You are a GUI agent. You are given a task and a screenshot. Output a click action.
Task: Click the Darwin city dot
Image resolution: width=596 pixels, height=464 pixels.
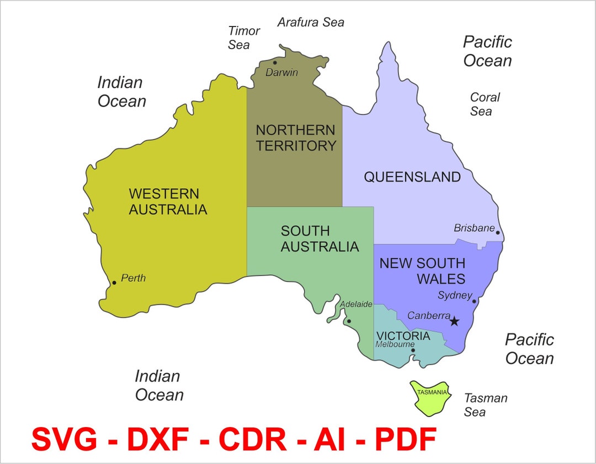[275, 62]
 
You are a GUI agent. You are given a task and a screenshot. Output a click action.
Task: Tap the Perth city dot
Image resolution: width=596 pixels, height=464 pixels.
[114, 282]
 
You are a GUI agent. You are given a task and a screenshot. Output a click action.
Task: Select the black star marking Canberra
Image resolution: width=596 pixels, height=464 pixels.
[454, 321]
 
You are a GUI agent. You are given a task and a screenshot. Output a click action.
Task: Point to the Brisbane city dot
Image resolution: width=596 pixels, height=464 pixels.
[498, 232]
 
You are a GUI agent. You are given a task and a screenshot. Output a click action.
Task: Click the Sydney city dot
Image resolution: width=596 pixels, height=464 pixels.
[474, 301]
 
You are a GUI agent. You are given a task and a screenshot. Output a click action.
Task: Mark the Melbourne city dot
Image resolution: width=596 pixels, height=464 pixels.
[413, 350]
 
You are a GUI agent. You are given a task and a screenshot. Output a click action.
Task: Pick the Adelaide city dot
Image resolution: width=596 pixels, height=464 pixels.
[348, 321]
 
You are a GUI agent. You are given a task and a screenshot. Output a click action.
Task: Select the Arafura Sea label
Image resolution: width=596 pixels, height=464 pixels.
[311, 22]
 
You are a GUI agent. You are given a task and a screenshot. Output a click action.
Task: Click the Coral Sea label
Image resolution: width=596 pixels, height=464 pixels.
[485, 104]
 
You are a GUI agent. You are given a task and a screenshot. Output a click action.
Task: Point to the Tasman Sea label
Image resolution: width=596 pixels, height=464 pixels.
[485, 405]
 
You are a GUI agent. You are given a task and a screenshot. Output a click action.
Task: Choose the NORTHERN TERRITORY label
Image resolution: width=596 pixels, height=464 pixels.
[296, 138]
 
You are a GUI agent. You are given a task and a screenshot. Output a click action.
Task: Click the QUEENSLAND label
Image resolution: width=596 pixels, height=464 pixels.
[412, 177]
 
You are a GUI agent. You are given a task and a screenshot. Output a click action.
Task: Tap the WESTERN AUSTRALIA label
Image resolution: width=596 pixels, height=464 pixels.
[168, 202]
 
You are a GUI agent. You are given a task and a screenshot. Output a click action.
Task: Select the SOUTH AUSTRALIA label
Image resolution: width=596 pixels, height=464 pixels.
[320, 239]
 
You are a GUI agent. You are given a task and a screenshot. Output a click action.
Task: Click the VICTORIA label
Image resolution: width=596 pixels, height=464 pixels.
[403, 336]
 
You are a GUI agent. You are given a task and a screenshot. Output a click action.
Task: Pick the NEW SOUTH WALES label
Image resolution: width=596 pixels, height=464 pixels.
[423, 271]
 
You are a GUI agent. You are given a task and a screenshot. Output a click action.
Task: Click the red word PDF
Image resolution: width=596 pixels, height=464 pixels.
[406, 439]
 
